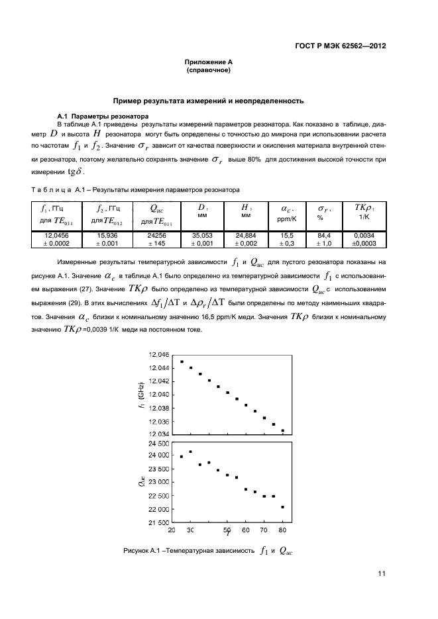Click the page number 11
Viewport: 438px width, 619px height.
pos(382,574)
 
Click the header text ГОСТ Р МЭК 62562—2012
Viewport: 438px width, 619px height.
pos(340,46)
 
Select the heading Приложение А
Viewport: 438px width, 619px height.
pos(209,62)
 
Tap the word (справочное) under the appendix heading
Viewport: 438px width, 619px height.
pos(209,70)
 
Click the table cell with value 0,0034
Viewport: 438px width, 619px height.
pos(365,235)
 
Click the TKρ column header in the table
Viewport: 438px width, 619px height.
pos(365,212)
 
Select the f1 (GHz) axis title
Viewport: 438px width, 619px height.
pos(140,395)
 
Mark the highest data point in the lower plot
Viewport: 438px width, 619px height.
pos(191,452)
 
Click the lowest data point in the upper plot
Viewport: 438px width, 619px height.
pos(283,430)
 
